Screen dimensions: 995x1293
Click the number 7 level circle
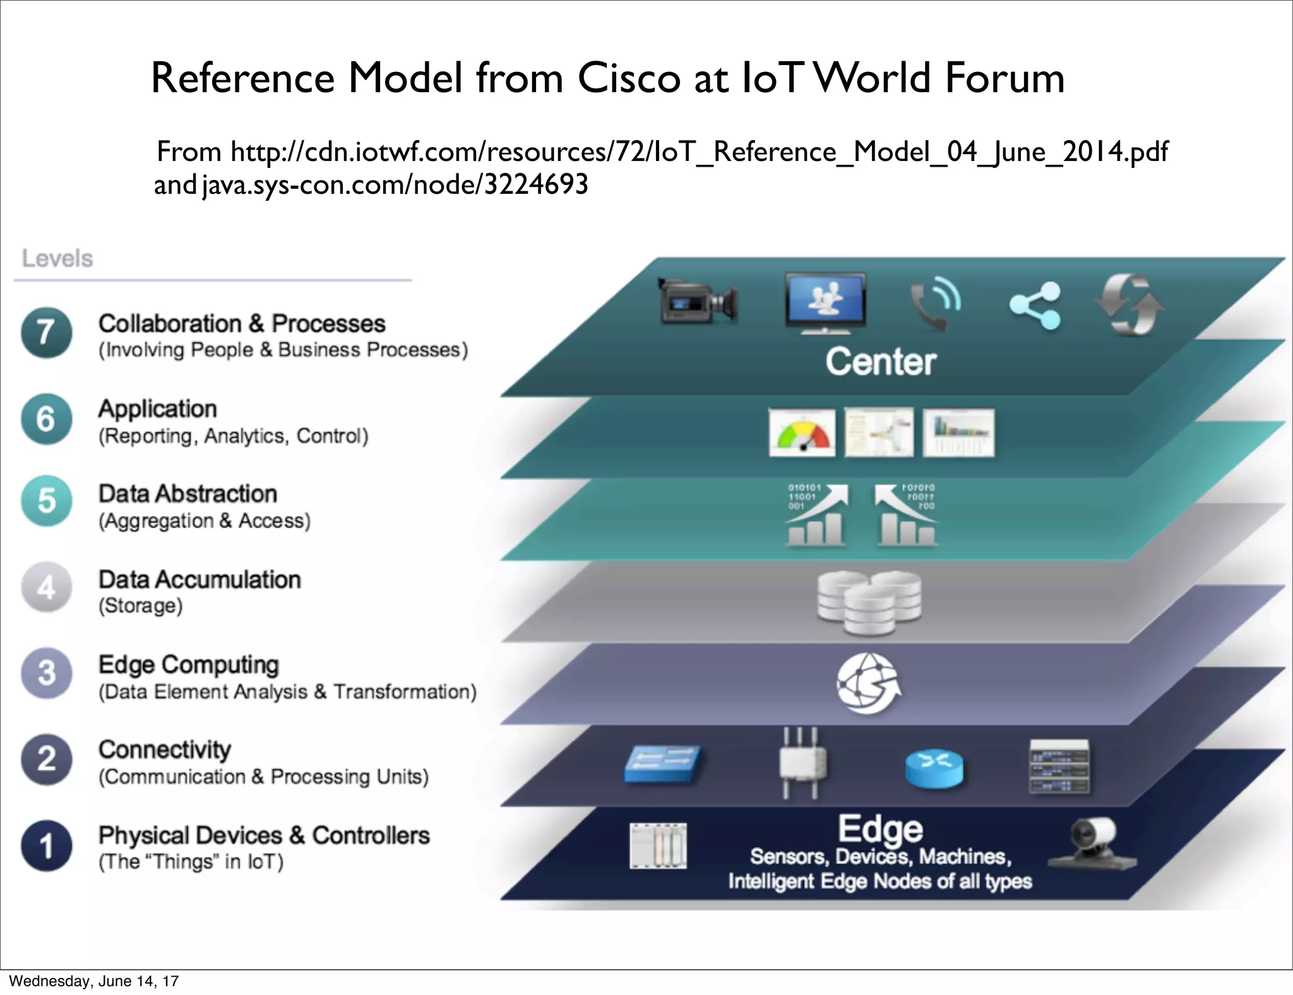pyautogui.click(x=46, y=333)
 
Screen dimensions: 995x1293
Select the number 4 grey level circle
pyautogui.click(x=46, y=588)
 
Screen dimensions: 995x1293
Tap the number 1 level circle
pyautogui.click(x=46, y=845)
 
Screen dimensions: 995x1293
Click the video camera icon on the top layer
pyautogui.click(x=698, y=301)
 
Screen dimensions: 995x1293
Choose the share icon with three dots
pyautogui.click(x=1035, y=306)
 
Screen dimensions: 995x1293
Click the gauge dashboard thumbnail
pyautogui.click(x=802, y=432)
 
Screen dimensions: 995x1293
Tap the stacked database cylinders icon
pyautogui.click(x=869, y=602)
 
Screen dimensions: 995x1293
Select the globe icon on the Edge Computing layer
pyautogui.click(x=869, y=684)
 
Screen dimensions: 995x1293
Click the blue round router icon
pyautogui.click(x=934, y=769)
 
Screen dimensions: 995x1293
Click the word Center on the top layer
pyautogui.click(x=881, y=362)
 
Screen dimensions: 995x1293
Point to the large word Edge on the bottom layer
pyautogui.click(x=880, y=828)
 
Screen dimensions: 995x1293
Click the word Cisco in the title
pyautogui.click(x=629, y=78)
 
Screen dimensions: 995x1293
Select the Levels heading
pyautogui.click(x=57, y=258)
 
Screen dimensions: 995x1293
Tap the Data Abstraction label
pyautogui.click(x=188, y=494)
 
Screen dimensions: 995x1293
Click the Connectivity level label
pyautogui.click(x=165, y=749)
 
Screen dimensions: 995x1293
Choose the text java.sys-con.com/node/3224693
pyautogui.click(x=395, y=185)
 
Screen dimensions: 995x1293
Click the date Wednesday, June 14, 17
pyautogui.click(x=94, y=981)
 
